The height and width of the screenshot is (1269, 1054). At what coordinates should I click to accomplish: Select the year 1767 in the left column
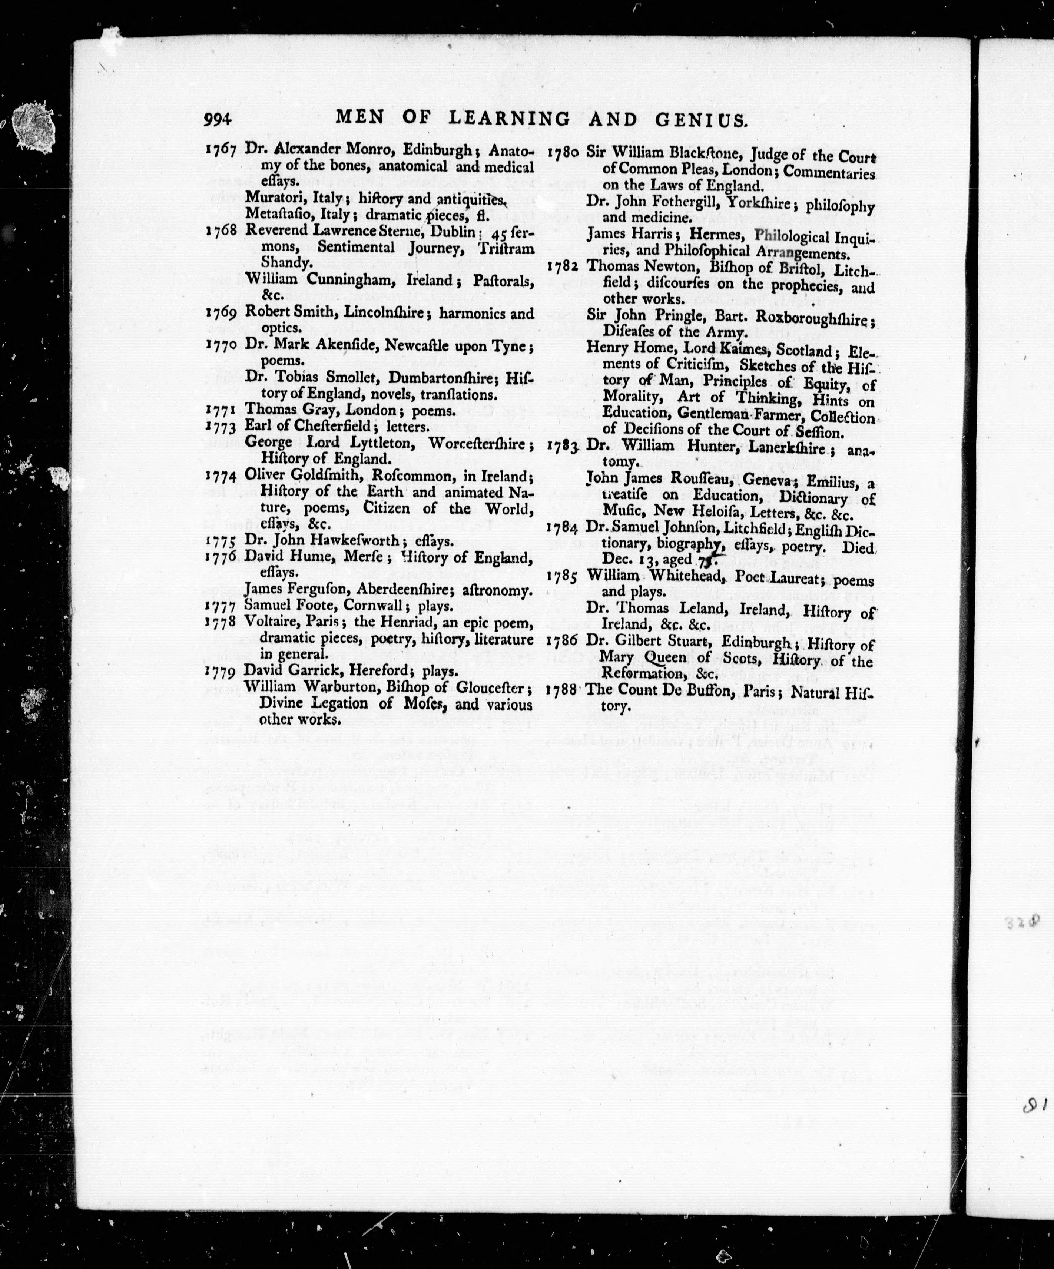tap(221, 150)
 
